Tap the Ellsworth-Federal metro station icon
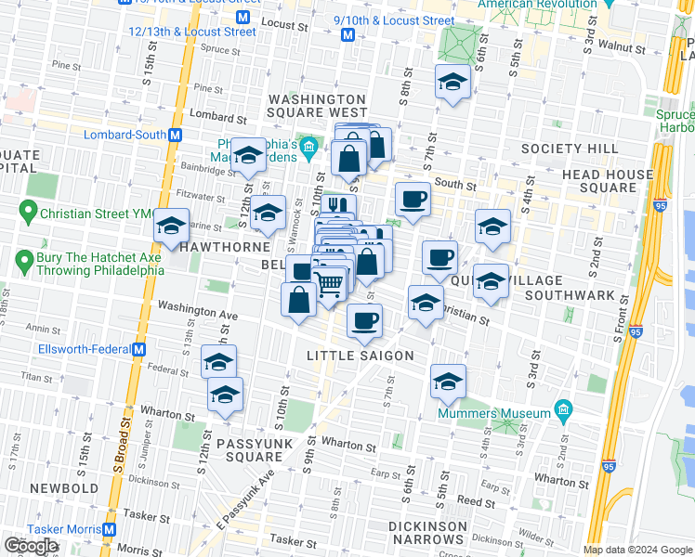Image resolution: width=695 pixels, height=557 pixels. (x=139, y=350)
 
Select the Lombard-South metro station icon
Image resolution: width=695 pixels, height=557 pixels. (x=174, y=135)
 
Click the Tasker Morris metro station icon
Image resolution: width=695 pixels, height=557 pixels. (x=110, y=529)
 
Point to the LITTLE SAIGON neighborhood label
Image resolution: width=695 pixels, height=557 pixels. (x=360, y=356)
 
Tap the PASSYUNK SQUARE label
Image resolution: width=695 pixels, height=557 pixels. (x=255, y=450)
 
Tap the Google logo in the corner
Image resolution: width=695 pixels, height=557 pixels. (x=31, y=546)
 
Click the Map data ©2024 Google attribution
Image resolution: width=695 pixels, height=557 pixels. (x=636, y=550)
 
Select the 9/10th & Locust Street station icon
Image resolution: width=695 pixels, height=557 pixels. (x=348, y=34)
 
